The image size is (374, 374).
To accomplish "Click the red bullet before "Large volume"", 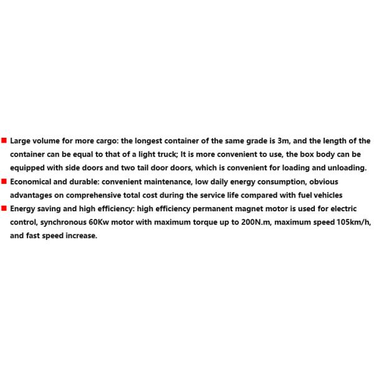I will [x=4, y=140].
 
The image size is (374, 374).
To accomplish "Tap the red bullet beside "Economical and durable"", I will [x=4, y=181].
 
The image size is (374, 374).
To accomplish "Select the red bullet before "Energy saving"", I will [x=4, y=209].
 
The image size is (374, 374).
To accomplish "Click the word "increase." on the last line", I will [x=81, y=236].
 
